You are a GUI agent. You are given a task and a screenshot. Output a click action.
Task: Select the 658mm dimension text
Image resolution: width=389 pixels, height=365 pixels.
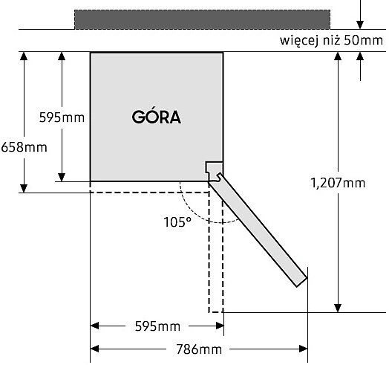[x=24, y=147]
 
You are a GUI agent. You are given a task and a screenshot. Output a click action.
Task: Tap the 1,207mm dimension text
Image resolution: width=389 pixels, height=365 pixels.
[x=338, y=183]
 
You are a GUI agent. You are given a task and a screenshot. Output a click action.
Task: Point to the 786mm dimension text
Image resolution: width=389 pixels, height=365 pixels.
[x=199, y=349]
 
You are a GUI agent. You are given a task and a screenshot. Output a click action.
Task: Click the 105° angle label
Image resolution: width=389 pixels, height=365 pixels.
[x=177, y=222]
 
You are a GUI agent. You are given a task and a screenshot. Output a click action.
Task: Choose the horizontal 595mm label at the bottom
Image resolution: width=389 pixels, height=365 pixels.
[x=157, y=326]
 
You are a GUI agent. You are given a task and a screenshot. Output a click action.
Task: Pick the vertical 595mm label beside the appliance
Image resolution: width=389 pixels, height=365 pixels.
[x=62, y=117]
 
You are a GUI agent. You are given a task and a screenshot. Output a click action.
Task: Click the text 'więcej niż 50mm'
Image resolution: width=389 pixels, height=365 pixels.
[x=331, y=40]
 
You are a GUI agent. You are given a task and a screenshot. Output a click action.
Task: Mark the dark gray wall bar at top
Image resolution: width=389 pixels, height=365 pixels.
[x=202, y=19]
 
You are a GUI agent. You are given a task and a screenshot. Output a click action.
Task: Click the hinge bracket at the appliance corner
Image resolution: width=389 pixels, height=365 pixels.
[x=214, y=171]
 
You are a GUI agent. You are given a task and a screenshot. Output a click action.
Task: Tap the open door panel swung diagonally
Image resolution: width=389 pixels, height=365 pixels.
[x=258, y=231]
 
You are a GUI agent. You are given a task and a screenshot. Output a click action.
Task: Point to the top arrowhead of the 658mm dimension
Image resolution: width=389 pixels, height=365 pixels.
[x=24, y=56]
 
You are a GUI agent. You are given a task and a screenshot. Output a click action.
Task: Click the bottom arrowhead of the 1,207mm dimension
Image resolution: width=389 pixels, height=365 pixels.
[x=338, y=308]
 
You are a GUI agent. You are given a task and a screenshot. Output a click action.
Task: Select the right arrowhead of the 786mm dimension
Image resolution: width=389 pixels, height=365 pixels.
[x=304, y=349]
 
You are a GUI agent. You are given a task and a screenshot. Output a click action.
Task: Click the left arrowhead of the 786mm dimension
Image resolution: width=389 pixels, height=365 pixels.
[x=94, y=349]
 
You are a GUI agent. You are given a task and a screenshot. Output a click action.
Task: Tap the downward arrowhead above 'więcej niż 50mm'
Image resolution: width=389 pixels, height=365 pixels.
[x=360, y=25]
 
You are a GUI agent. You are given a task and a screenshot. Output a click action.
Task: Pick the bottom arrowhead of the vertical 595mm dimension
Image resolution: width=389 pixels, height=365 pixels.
[x=62, y=177]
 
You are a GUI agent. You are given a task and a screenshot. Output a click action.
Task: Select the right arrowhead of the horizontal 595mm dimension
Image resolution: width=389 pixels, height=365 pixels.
[x=220, y=326]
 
